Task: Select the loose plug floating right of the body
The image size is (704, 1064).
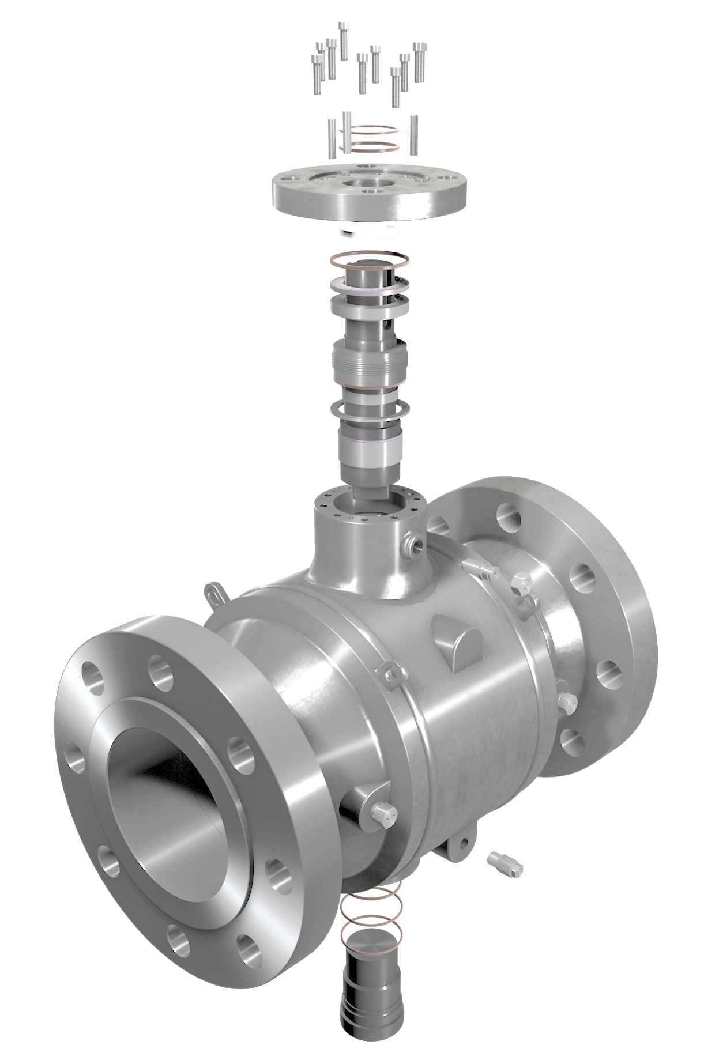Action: pos(506,861)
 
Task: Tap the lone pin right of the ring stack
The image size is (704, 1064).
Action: pos(414,134)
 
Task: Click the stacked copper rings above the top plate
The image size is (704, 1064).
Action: pos(369,138)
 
